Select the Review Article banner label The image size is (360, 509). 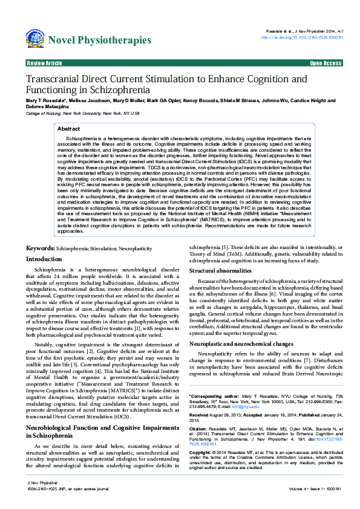(44, 63)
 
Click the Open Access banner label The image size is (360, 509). (326, 63)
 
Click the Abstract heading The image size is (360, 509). (68, 129)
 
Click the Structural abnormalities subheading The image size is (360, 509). (224, 271)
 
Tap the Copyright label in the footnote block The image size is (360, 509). (201, 452)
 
